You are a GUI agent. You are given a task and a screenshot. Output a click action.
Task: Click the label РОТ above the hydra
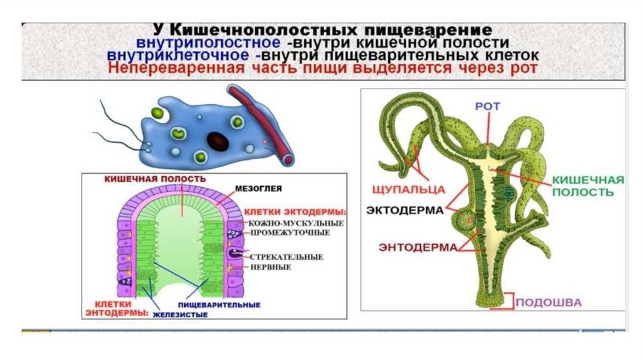point(487,107)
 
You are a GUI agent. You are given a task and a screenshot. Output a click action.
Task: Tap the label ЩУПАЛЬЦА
point(408,188)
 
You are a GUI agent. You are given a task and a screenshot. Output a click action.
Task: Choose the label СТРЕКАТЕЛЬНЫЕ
point(286,257)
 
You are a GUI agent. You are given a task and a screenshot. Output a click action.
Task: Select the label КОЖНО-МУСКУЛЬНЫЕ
point(287,223)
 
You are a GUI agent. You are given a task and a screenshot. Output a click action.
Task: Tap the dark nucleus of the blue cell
point(219,140)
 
